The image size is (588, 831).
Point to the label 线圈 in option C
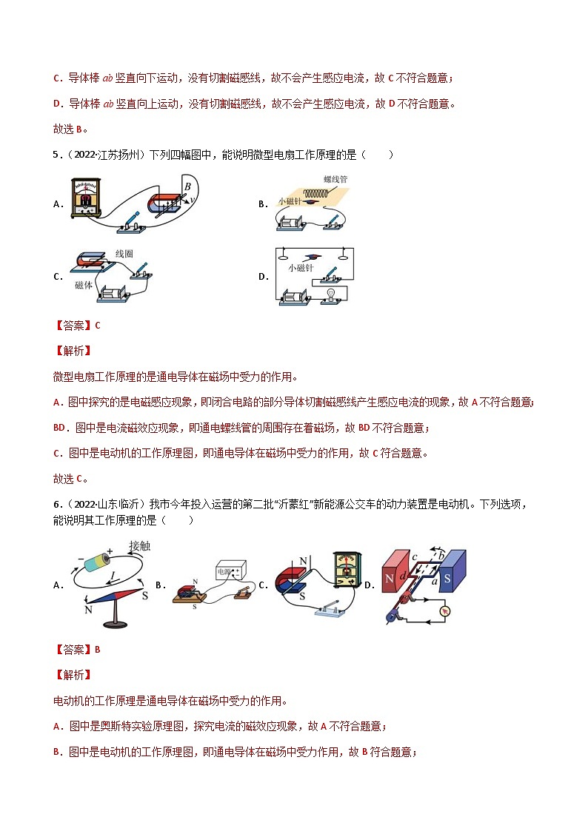pyautogui.click(x=124, y=254)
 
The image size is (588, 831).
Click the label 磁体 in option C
pyautogui.click(x=84, y=285)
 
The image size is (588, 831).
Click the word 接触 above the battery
pyautogui.click(x=140, y=546)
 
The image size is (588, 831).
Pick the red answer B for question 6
pyautogui.click(x=97, y=650)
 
